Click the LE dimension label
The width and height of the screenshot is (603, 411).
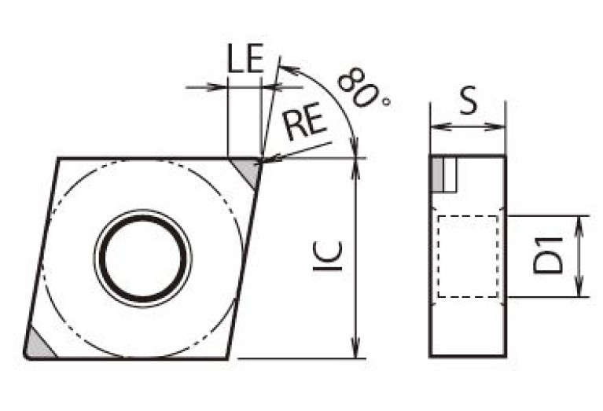click(245, 61)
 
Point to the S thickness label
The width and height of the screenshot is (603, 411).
click(469, 102)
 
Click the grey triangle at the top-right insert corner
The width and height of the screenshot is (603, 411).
click(249, 171)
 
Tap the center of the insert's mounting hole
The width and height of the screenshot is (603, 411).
click(143, 257)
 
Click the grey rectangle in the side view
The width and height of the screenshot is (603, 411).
click(436, 174)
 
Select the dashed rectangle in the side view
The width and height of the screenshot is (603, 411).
click(468, 256)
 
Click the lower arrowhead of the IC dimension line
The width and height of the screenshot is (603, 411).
click(357, 351)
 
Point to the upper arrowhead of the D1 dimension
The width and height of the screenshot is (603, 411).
click(580, 222)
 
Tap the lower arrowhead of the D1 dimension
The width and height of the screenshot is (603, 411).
click(580, 290)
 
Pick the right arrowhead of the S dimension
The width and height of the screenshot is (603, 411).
click(498, 127)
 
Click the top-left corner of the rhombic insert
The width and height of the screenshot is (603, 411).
click(57, 160)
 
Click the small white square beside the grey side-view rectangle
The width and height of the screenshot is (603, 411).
click(450, 174)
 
